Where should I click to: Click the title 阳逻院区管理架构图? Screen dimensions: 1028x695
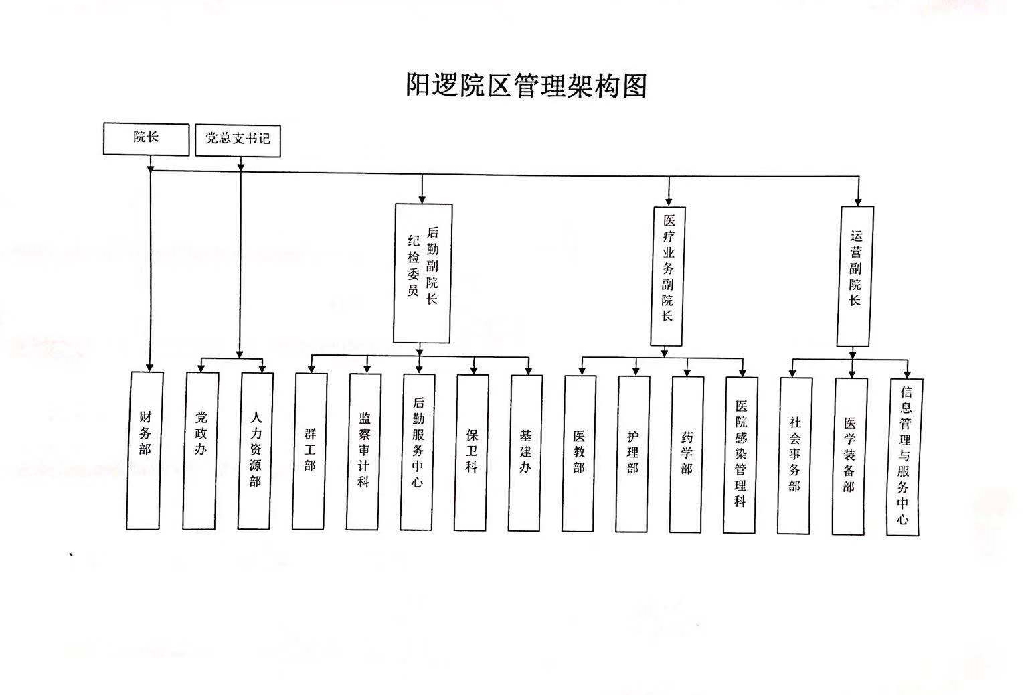pyautogui.click(x=527, y=86)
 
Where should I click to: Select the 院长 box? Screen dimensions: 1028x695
pyautogui.click(x=147, y=139)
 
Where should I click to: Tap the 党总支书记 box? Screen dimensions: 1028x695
pyautogui.click(x=238, y=140)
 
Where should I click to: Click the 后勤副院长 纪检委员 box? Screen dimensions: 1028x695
pyautogui.click(x=423, y=273)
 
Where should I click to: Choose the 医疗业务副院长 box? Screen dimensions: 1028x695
pyautogui.click(x=668, y=276)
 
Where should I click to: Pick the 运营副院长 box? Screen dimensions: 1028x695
pyautogui.click(x=855, y=277)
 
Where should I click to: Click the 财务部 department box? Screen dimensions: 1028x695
pyautogui.click(x=145, y=451)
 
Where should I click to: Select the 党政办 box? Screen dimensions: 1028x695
pyautogui.click(x=201, y=451)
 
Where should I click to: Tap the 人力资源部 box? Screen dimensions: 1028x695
pyautogui.click(x=255, y=451)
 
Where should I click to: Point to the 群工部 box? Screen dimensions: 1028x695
pyautogui.click(x=310, y=452)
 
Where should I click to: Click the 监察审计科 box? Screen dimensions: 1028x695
pyautogui.click(x=364, y=452)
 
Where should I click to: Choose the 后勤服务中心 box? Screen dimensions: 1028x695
pyautogui.click(x=418, y=453)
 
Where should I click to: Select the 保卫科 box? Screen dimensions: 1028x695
pyautogui.click(x=471, y=453)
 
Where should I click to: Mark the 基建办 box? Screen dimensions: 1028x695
pyautogui.click(x=525, y=453)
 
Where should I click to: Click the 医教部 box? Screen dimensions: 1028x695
pyautogui.click(x=579, y=454)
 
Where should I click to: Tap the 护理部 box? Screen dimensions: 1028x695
pyautogui.click(x=633, y=455)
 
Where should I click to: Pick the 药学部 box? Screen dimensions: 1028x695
pyautogui.click(x=687, y=455)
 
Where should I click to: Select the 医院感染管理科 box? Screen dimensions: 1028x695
pyautogui.click(x=740, y=455)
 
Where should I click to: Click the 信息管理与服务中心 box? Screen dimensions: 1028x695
pyautogui.click(x=904, y=457)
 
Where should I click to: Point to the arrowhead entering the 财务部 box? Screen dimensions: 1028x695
pyautogui.click(x=149, y=368)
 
